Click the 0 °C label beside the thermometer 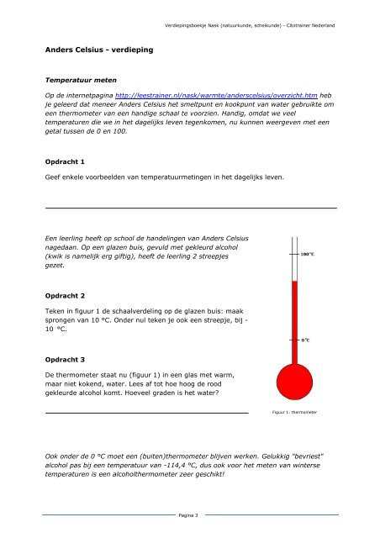click(x=306, y=340)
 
